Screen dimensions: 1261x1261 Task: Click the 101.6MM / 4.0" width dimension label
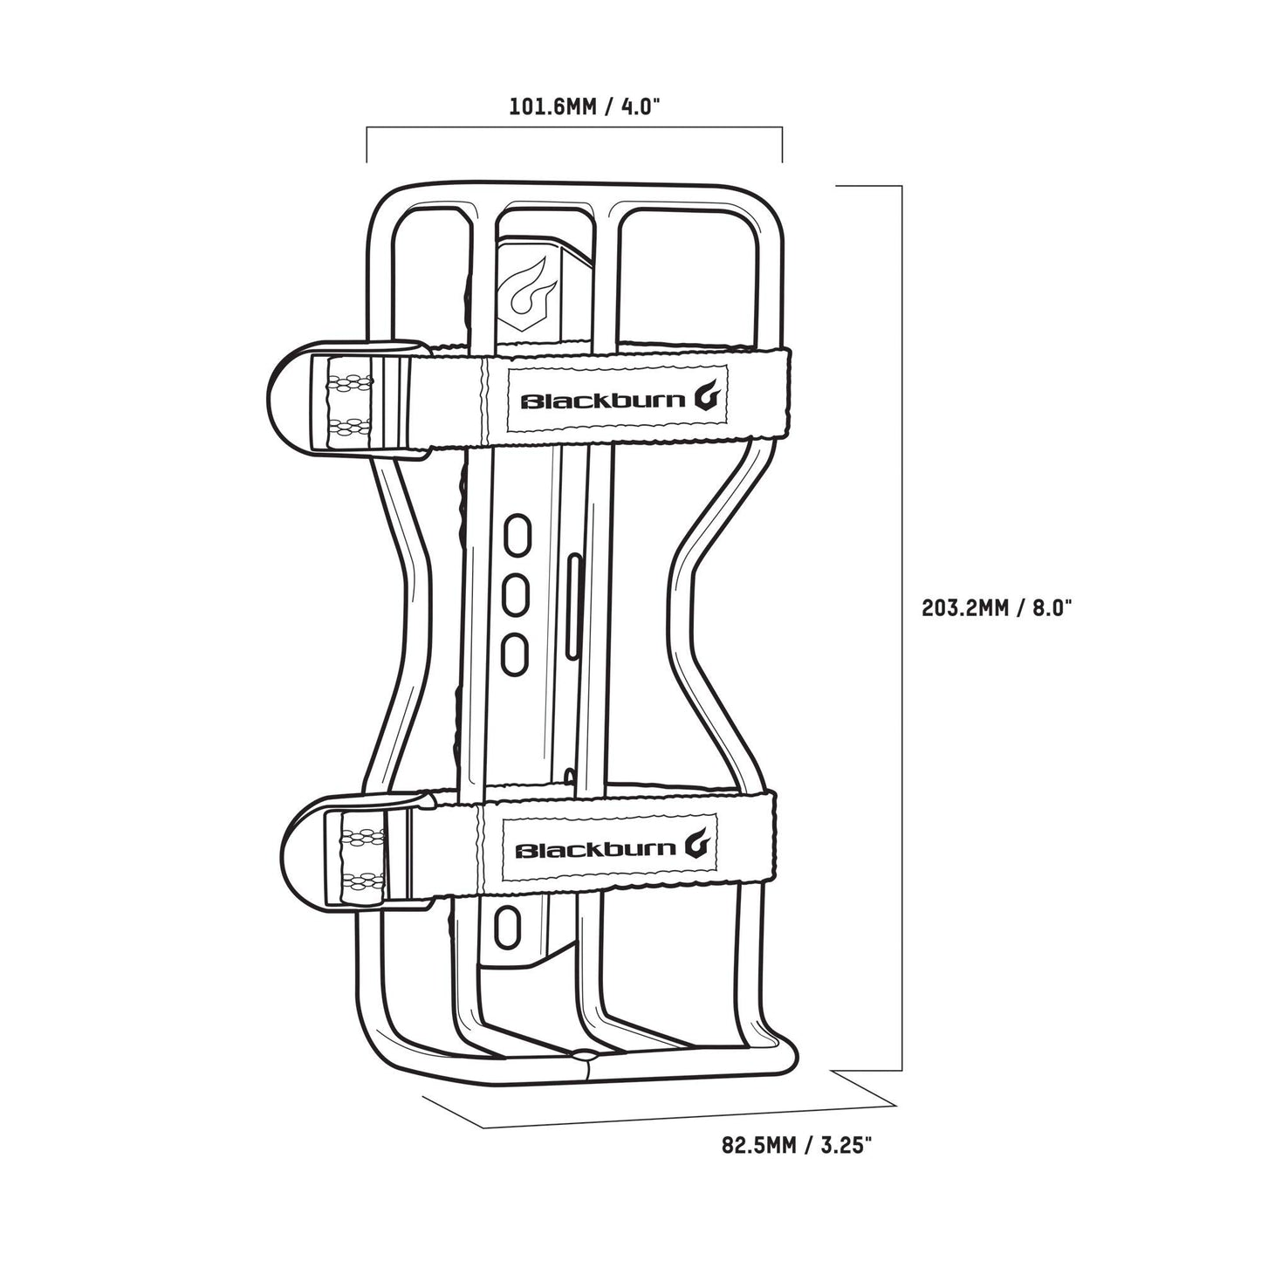(x=585, y=107)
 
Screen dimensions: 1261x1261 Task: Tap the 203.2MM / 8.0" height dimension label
(x=997, y=608)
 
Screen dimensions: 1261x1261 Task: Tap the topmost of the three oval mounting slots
(x=516, y=534)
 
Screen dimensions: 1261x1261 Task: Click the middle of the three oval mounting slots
(x=516, y=593)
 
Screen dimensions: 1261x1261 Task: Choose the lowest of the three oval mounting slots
(x=516, y=652)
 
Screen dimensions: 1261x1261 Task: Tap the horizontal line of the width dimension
(x=574, y=128)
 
